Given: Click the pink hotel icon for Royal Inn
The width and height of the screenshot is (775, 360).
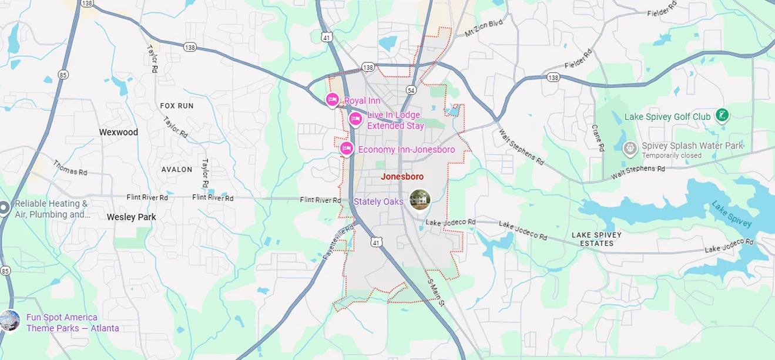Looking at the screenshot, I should click(x=332, y=100).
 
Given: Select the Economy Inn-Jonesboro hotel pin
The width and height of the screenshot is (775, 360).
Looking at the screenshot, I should click(x=346, y=149).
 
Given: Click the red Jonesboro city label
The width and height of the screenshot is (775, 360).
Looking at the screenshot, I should click(x=402, y=176).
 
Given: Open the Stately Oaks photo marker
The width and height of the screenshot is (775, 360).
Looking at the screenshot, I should click(x=420, y=200).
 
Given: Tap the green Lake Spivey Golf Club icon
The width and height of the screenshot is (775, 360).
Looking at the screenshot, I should click(x=722, y=116).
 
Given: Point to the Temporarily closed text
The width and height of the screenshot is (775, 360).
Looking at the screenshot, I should click(x=672, y=156).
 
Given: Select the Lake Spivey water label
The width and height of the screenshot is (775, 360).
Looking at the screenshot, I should click(x=731, y=214).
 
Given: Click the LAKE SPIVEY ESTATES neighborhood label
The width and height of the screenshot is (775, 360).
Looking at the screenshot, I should click(x=596, y=239).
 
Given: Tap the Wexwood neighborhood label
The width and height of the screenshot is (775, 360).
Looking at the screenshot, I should click(x=118, y=132).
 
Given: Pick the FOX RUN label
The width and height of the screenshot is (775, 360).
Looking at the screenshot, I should click(x=177, y=106).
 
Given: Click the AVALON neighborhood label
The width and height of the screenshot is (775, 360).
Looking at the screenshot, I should click(x=177, y=169).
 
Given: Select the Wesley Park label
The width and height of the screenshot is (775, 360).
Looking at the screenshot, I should click(x=132, y=217).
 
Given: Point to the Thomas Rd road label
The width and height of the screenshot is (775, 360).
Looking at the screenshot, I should click(x=70, y=168).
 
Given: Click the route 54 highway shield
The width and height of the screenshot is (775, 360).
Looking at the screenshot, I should click(x=411, y=90).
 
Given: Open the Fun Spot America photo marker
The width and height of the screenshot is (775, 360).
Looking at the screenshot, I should click(x=9, y=320).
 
